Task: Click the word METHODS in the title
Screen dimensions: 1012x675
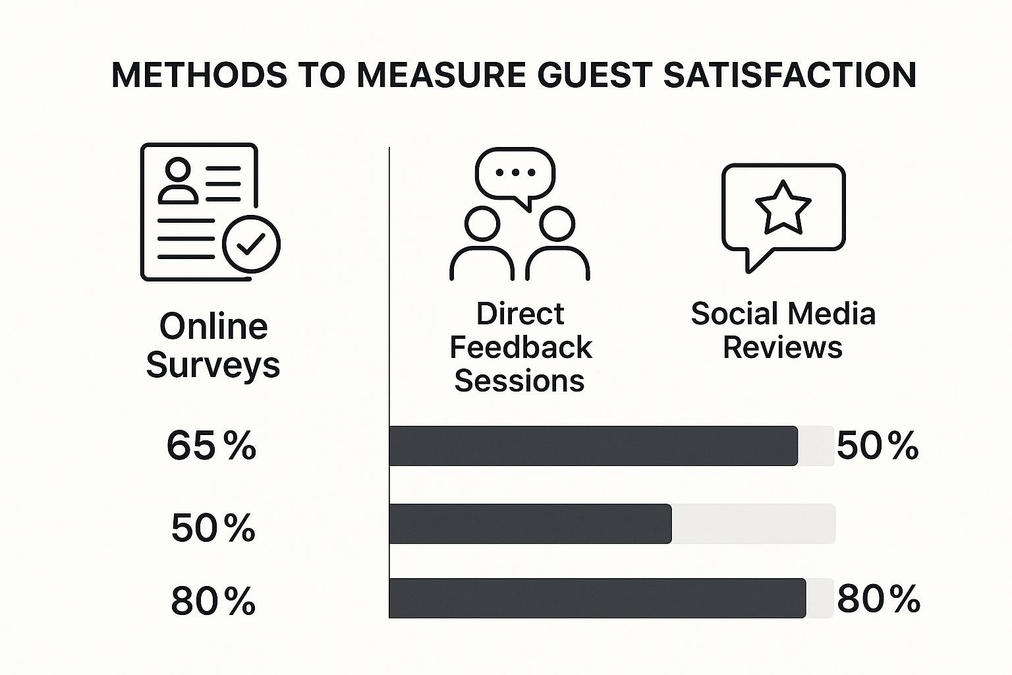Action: tap(199, 74)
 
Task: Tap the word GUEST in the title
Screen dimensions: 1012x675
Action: tap(595, 74)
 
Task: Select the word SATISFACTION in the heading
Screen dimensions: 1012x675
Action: tap(790, 74)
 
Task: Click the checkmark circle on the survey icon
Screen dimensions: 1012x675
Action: tap(251, 244)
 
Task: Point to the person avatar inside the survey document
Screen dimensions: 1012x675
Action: tap(178, 181)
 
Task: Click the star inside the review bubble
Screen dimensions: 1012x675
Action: tap(783, 208)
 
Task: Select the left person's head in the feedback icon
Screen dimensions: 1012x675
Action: tap(482, 224)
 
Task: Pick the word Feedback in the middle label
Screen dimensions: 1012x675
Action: tap(520, 347)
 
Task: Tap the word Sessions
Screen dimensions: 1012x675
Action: tap(519, 381)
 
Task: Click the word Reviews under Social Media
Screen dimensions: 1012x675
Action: tap(783, 347)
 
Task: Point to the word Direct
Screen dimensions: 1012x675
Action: tap(520, 314)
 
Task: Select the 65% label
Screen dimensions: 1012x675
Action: tap(211, 446)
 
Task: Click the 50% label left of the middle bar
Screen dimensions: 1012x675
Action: tap(213, 527)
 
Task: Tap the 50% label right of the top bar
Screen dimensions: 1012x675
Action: tap(878, 446)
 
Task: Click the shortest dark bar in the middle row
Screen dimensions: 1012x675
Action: tap(530, 523)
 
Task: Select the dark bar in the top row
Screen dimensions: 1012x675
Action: tap(594, 446)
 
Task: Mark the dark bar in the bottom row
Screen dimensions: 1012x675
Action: tap(598, 598)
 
